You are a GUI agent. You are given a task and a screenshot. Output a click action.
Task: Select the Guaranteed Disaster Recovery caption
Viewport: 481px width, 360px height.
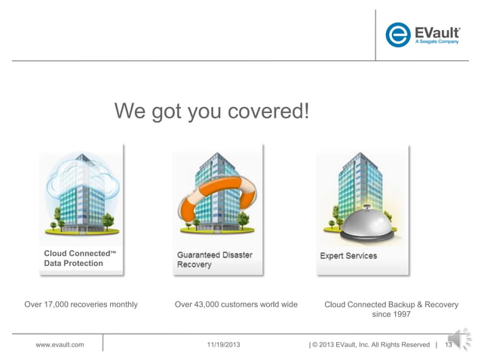(x=214, y=260)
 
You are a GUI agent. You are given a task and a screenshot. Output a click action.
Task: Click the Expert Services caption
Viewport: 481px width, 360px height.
(x=348, y=256)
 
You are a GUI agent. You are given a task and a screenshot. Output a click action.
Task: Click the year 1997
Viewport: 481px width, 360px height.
(x=400, y=316)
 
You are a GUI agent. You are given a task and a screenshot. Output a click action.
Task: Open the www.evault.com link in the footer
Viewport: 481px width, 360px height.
(x=60, y=345)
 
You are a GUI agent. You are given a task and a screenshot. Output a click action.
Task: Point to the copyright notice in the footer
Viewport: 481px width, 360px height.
(x=369, y=345)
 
